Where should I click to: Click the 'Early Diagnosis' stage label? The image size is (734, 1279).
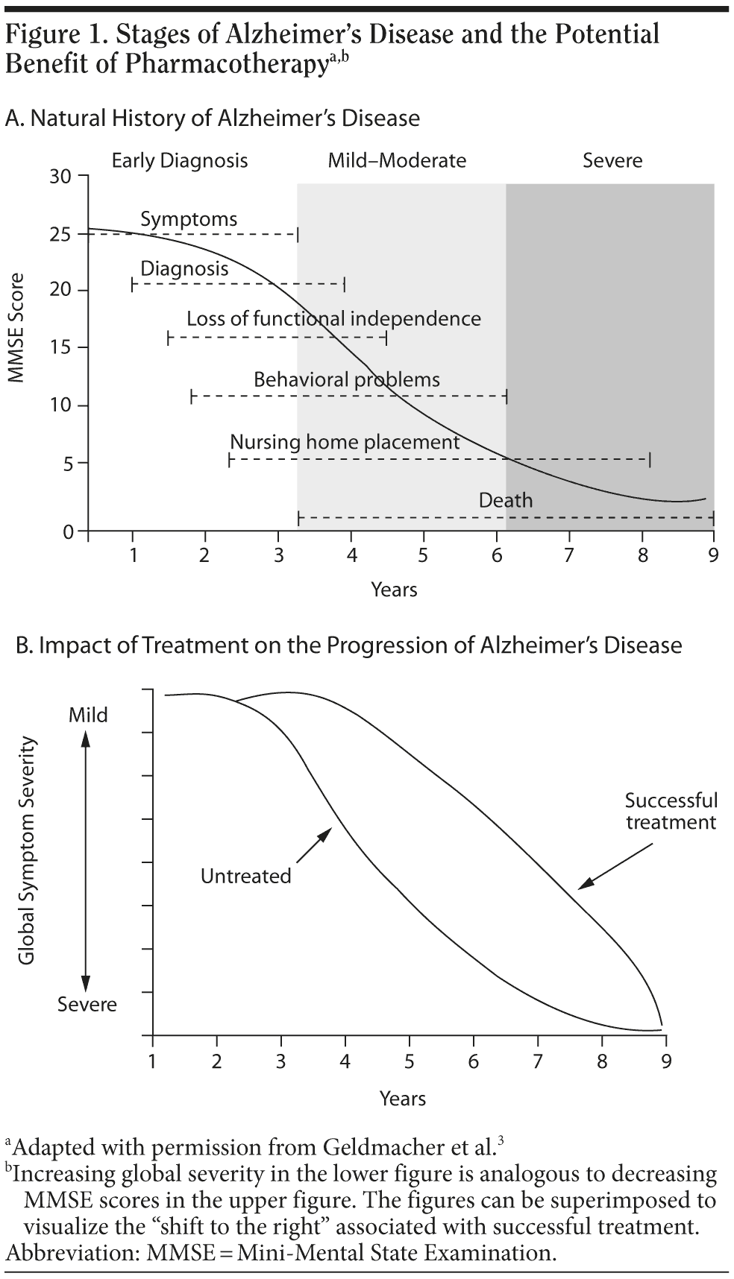179,160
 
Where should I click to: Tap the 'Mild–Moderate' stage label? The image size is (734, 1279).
397,160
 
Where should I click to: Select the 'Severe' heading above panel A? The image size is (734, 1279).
612,160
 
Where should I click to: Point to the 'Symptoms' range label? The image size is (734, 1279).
189,219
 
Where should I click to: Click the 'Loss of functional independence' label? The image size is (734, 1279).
333,319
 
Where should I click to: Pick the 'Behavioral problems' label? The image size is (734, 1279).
346,380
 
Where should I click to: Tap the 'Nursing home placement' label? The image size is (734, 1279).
345,442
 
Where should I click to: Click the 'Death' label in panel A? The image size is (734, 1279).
506,499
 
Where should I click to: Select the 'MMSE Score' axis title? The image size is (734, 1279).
17,328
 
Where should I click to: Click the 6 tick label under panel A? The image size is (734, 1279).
496,555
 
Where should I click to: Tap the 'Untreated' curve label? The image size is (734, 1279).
245,877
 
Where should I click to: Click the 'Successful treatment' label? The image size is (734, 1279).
671,811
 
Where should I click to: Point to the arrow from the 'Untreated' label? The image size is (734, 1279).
314,843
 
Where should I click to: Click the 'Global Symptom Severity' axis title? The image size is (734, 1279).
28,850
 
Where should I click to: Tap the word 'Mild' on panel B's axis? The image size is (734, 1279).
88,716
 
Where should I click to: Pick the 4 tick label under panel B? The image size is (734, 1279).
345,1061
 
